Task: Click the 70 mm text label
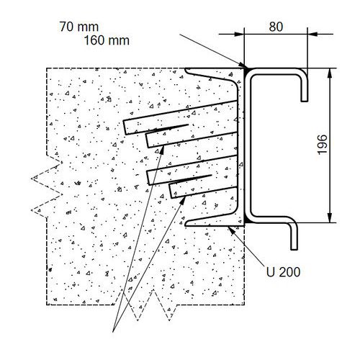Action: coord(79,27)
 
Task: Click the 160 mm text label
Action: coord(107,40)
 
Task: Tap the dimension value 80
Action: coord(276,27)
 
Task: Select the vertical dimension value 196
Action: coord(322,145)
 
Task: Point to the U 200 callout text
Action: coord(283,272)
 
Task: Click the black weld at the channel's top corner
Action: coord(247,70)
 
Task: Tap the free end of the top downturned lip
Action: coord(305,101)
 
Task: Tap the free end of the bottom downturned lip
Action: coord(294,249)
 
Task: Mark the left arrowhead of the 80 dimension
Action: coord(239,34)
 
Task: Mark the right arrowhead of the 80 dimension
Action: coord(312,34)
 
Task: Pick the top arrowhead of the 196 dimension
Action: coord(330,73)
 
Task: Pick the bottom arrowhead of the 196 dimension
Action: coord(330,217)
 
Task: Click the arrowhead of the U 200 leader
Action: coord(231,230)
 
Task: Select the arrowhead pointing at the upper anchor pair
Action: coord(162,150)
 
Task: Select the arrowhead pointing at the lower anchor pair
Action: coord(183,200)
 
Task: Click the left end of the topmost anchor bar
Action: coord(125,127)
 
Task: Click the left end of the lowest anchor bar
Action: coord(171,191)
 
